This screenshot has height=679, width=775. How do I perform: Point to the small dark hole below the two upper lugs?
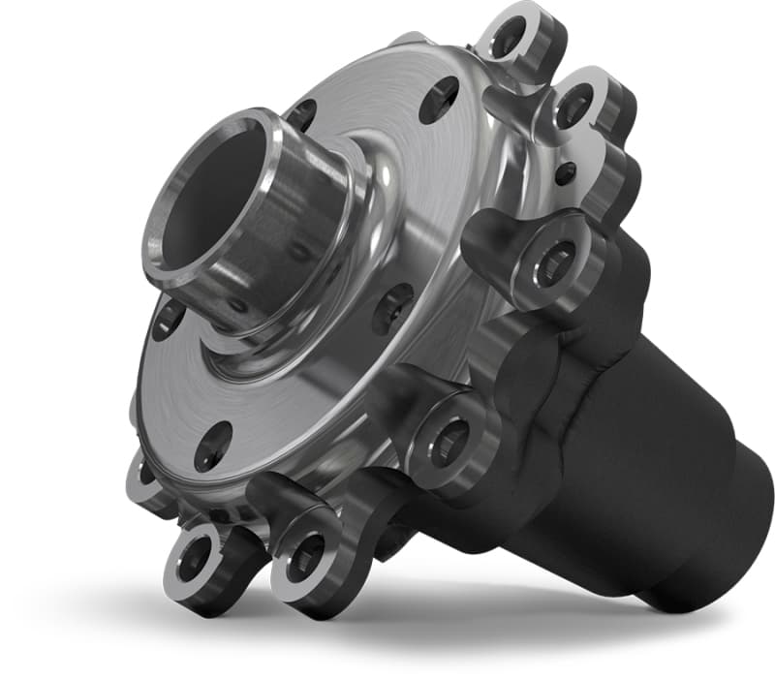pyautogui.click(x=565, y=173)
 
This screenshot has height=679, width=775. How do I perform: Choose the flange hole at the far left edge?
pyautogui.click(x=167, y=319)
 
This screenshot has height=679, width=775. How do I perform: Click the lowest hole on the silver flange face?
pyautogui.click(x=212, y=447)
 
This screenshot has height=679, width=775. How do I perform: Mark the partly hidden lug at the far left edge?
pyautogui.click(x=142, y=475)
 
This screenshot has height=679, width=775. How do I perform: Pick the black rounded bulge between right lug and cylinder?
pyautogui.click(x=542, y=363)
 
